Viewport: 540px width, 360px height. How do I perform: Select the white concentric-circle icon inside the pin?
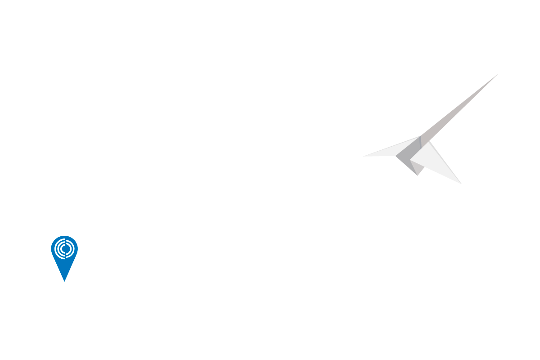coord(64,248)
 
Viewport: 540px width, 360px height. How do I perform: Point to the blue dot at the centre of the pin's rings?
coord(65,248)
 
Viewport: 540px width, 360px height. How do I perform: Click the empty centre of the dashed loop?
coord(223,223)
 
